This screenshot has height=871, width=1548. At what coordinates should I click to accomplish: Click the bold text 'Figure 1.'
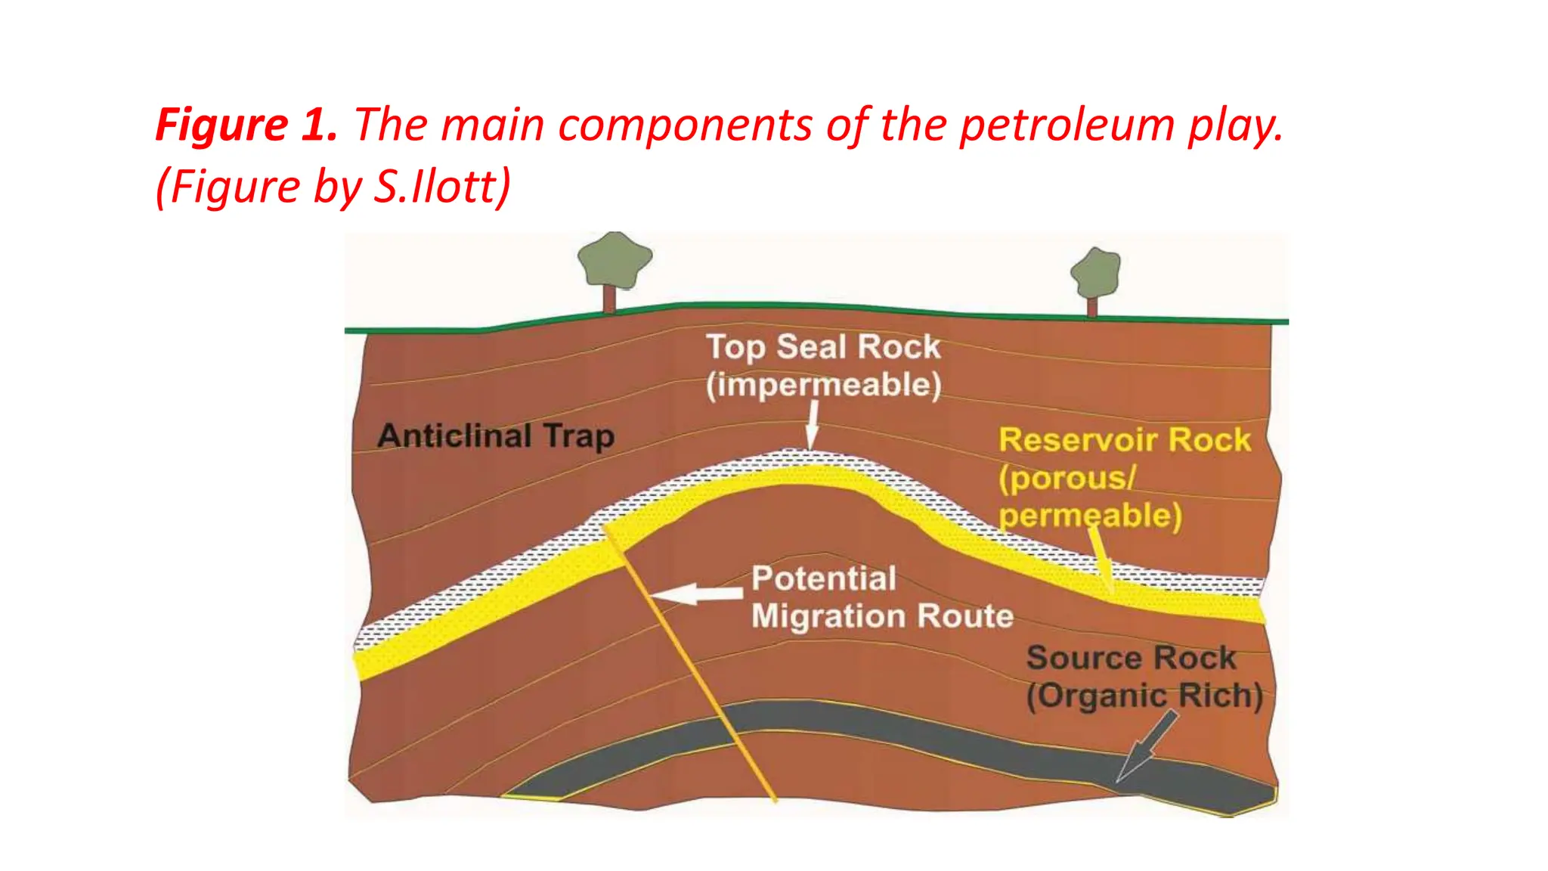pyautogui.click(x=246, y=125)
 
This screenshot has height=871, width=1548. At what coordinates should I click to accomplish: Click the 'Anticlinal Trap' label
pyautogui.click(x=496, y=436)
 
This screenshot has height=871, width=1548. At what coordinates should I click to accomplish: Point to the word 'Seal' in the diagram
pyautogui.click(x=811, y=347)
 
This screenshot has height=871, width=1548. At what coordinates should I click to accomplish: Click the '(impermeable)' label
pyautogui.click(x=824, y=385)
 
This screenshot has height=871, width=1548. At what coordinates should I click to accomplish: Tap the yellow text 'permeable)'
pyautogui.click(x=1090, y=516)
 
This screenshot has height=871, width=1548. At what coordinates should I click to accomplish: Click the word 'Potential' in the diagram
pyautogui.click(x=824, y=578)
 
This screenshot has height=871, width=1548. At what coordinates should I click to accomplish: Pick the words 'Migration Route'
pyautogui.click(x=882, y=616)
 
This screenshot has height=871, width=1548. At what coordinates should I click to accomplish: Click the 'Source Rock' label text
pyautogui.click(x=1131, y=658)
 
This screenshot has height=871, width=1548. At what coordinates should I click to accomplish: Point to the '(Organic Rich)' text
pyautogui.click(x=1144, y=696)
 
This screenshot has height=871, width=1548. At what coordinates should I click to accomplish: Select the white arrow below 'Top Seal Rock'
pyautogui.click(x=813, y=425)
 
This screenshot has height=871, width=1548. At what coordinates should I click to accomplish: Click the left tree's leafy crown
pyautogui.click(x=614, y=259)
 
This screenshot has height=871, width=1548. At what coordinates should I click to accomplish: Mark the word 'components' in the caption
pyautogui.click(x=685, y=125)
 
